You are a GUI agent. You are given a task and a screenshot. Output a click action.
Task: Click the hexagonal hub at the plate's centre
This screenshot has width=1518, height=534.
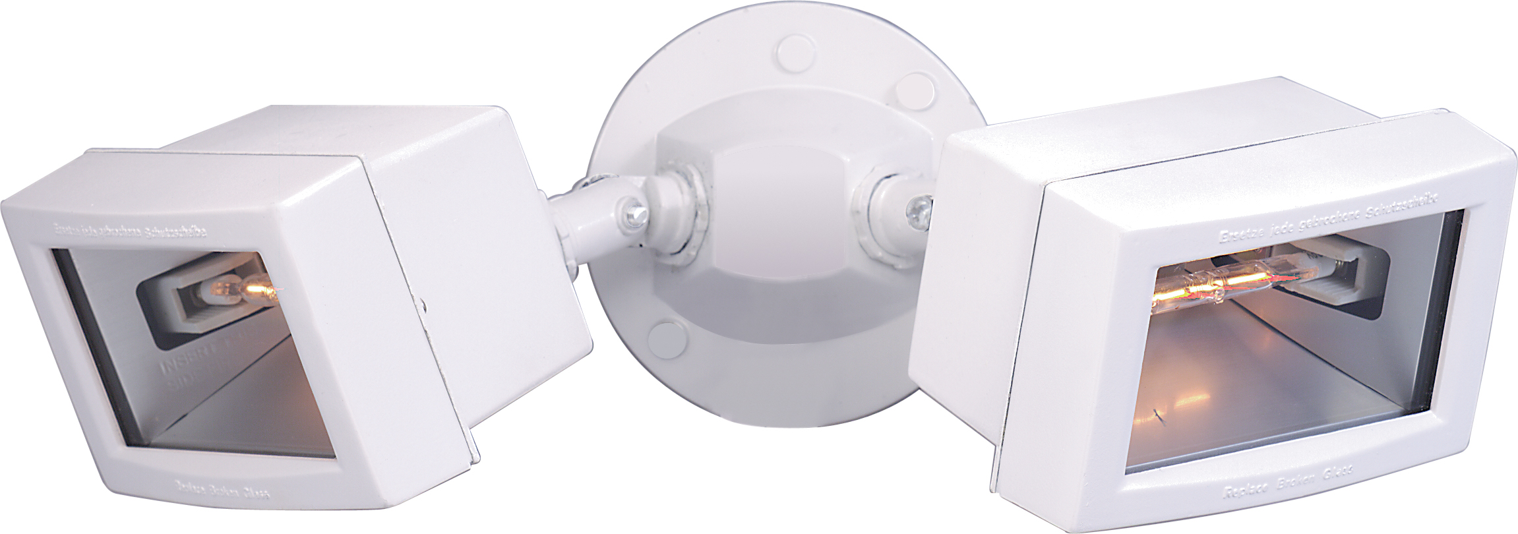tap(772, 198)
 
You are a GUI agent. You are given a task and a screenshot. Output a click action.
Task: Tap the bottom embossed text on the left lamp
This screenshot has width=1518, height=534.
tap(224, 490)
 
